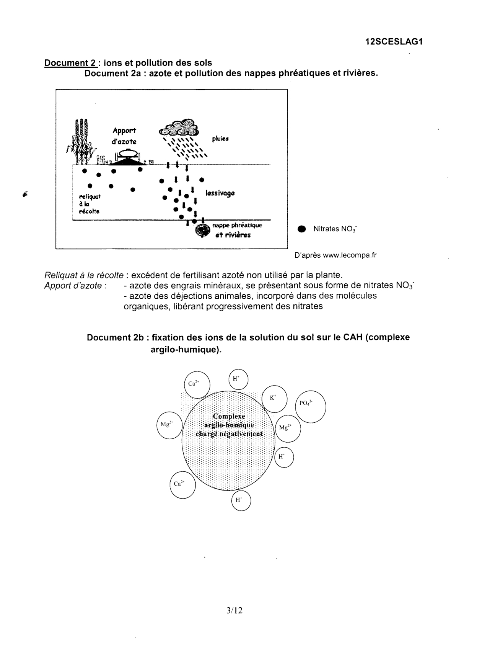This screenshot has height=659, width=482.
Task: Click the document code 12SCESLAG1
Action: (394, 42)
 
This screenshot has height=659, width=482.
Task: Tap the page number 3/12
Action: (234, 610)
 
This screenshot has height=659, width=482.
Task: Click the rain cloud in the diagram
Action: (179, 128)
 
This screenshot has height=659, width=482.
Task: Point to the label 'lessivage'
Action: (220, 193)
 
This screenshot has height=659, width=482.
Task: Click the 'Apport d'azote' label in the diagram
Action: (124, 136)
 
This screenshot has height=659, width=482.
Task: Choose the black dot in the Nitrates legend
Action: (301, 229)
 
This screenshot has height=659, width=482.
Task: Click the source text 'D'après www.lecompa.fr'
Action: (335, 255)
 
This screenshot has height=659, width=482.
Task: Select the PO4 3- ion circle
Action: (310, 407)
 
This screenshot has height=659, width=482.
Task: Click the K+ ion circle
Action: (274, 398)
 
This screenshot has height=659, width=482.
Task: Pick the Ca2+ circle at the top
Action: (197, 384)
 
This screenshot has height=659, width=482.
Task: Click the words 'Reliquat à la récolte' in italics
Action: (84, 275)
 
